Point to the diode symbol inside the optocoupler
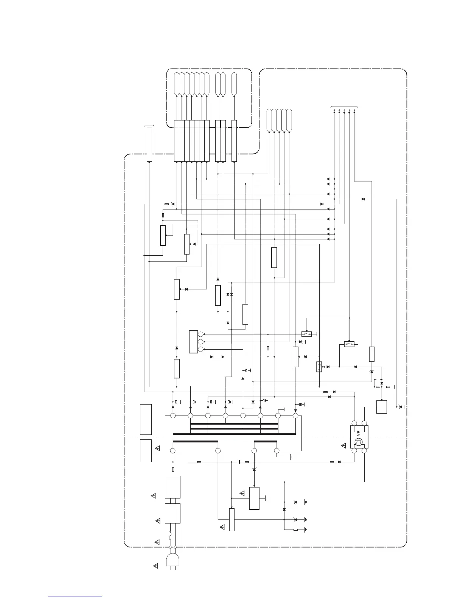pyautogui.click(x=359, y=432)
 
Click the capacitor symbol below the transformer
pyautogui.click(x=239, y=462)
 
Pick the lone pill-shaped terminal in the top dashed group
pyautogui.click(x=234, y=84)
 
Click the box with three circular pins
pyautogui.click(x=193, y=342)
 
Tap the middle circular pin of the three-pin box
pyautogui.click(x=201, y=342)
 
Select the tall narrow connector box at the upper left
pyautogui.click(x=149, y=144)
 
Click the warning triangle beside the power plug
pyautogui.click(x=155, y=566)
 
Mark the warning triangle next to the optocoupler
pyautogui.click(x=343, y=446)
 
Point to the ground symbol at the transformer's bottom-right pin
pyautogui.click(x=291, y=457)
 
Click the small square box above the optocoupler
pyautogui.click(x=382, y=407)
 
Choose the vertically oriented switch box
pyautogui.click(x=319, y=367)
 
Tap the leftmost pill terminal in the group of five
pyautogui.click(x=269, y=120)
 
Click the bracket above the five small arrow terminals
pyautogui.click(x=344, y=107)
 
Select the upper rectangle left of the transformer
pyautogui.click(x=146, y=419)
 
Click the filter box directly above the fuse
pyautogui.click(x=172, y=513)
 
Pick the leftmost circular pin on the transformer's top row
pyautogui.click(x=173, y=416)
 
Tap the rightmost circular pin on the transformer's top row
pyautogui.click(x=295, y=416)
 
